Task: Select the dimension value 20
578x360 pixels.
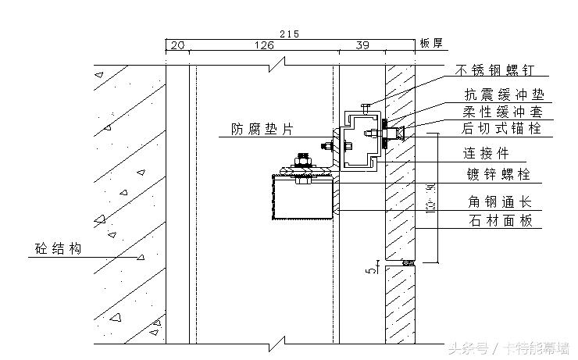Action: [177, 46]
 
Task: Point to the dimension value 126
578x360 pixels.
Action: [265, 46]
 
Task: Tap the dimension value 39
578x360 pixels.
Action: [362, 46]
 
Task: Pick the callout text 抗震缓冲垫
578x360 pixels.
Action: [499, 94]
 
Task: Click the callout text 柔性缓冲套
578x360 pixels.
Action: [499, 111]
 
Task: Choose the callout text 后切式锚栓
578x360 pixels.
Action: [499, 128]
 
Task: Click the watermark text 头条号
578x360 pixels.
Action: [467, 348]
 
